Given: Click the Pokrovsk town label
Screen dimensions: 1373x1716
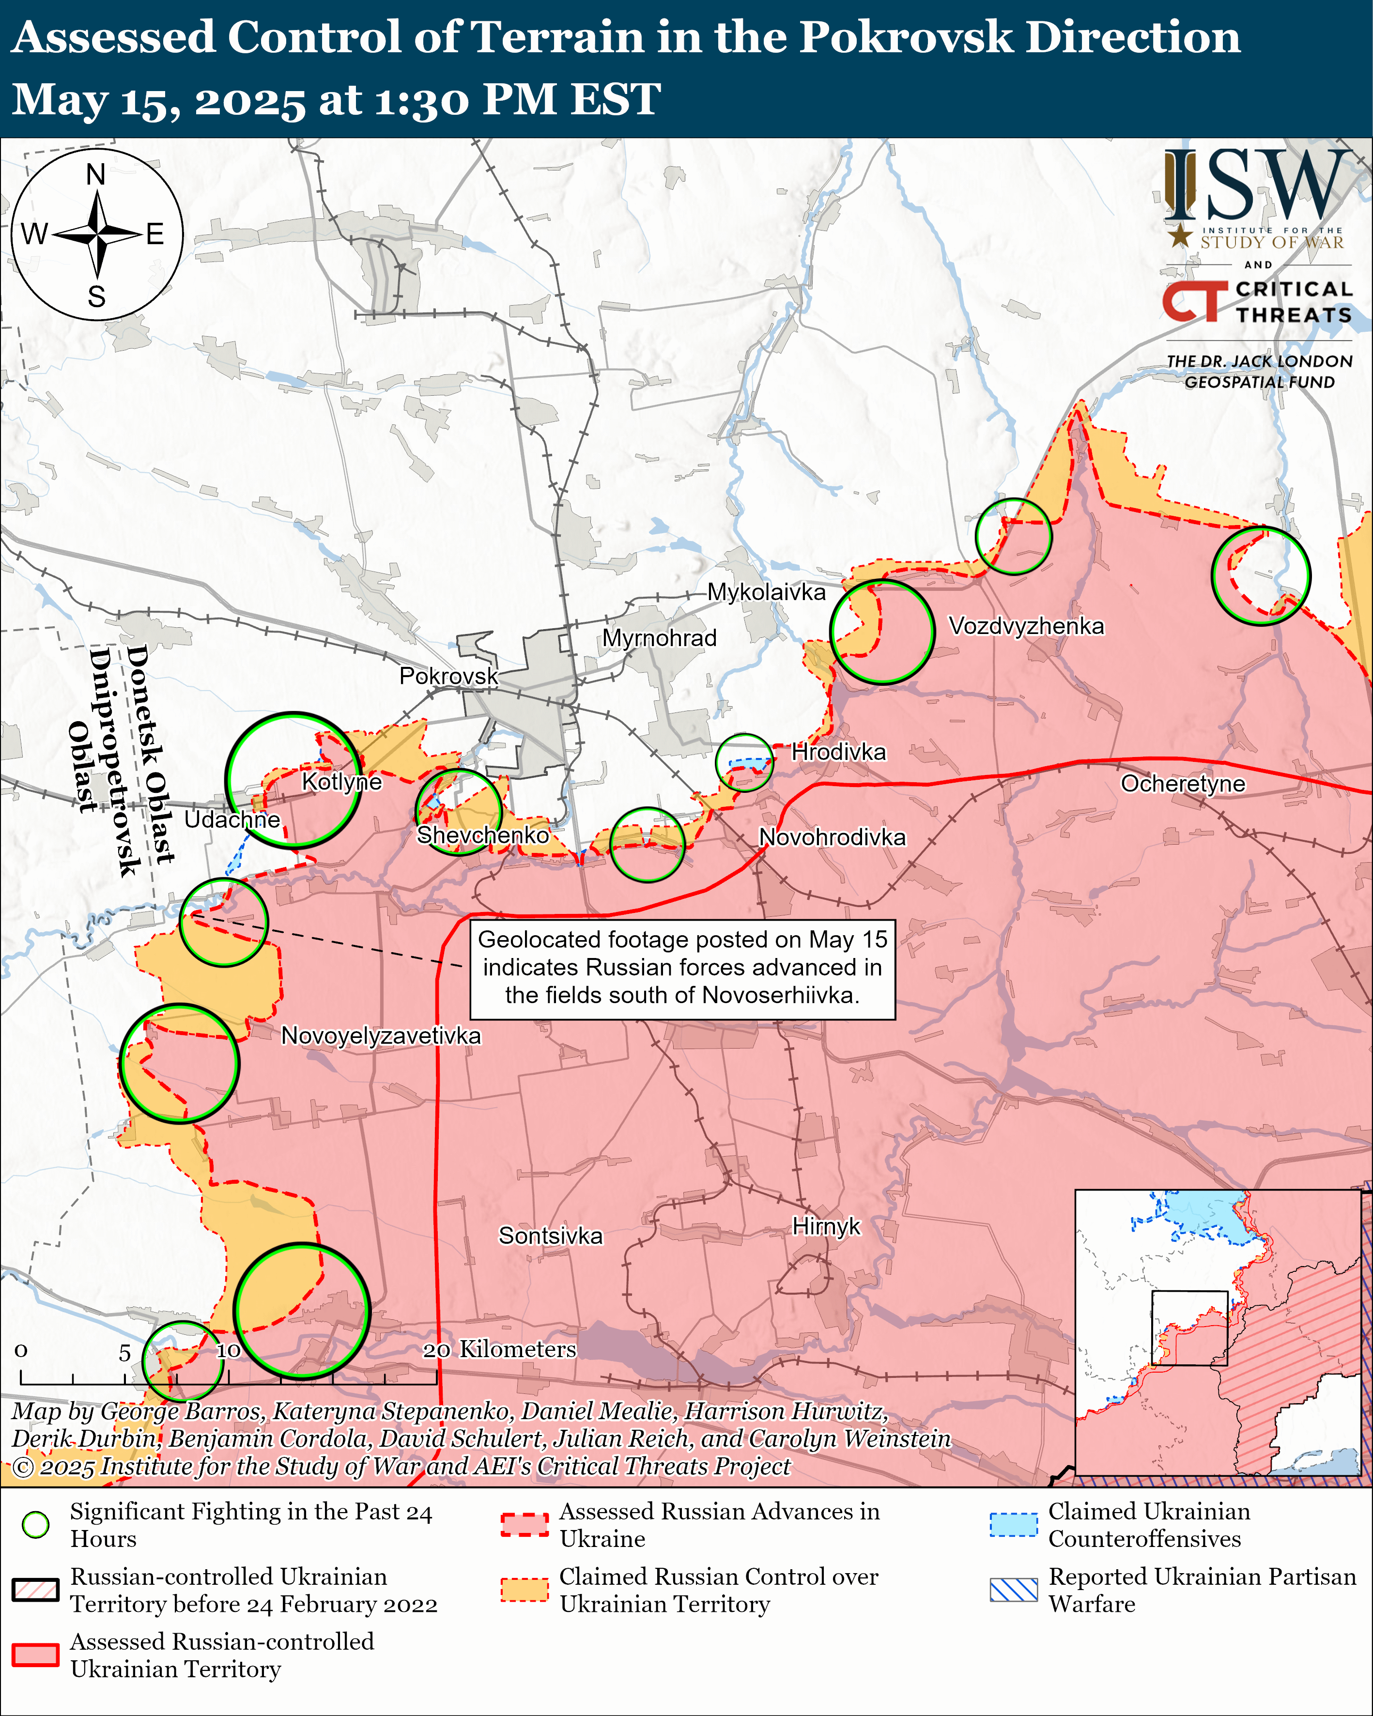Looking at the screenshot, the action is [x=448, y=676].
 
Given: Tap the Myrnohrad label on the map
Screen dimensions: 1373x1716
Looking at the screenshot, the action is [x=659, y=637].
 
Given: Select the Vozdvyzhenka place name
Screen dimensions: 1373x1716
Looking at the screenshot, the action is [x=1026, y=626].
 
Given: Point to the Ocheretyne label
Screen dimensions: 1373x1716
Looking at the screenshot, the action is [x=1183, y=783].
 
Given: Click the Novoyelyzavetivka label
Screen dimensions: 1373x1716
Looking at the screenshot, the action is [x=381, y=1036].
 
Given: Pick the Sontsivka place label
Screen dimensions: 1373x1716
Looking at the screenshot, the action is [x=550, y=1235].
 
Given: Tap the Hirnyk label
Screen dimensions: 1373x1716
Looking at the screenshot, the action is [x=826, y=1226].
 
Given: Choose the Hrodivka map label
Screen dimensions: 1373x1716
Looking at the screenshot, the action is [x=838, y=751].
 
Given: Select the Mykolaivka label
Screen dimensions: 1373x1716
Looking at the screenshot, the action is [x=767, y=591].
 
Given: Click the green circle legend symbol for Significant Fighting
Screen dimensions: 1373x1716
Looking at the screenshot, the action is [x=36, y=1524].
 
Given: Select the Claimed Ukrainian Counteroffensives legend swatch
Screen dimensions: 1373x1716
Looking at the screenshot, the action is [x=1013, y=1524].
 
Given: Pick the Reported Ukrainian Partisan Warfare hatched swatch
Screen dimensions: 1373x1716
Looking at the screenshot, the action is [x=1013, y=1590].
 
